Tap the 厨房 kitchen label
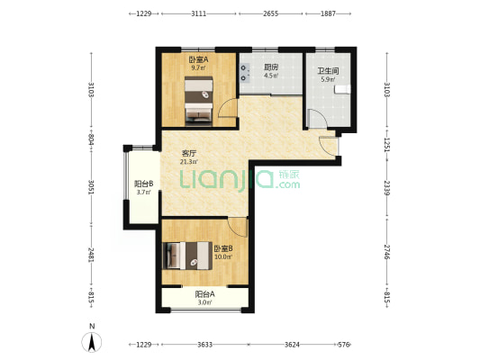tap(271, 67)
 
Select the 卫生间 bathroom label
tap(328, 71)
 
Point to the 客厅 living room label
tap(189, 153)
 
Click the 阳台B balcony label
tap(143, 184)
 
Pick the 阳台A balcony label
tap(204, 294)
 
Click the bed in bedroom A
tap(199, 101)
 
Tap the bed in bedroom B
tap(187, 256)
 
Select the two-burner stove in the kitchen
tap(245, 73)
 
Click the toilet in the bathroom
tap(342, 89)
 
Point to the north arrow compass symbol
tap(92, 342)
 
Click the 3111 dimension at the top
tap(199, 13)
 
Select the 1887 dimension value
tap(328, 13)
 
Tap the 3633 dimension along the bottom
tap(204, 345)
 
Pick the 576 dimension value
tap(343, 345)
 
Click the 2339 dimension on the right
tap(387, 188)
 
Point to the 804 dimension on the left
tap(91, 140)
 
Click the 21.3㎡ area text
tap(188, 161)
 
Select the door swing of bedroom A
tap(227, 107)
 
